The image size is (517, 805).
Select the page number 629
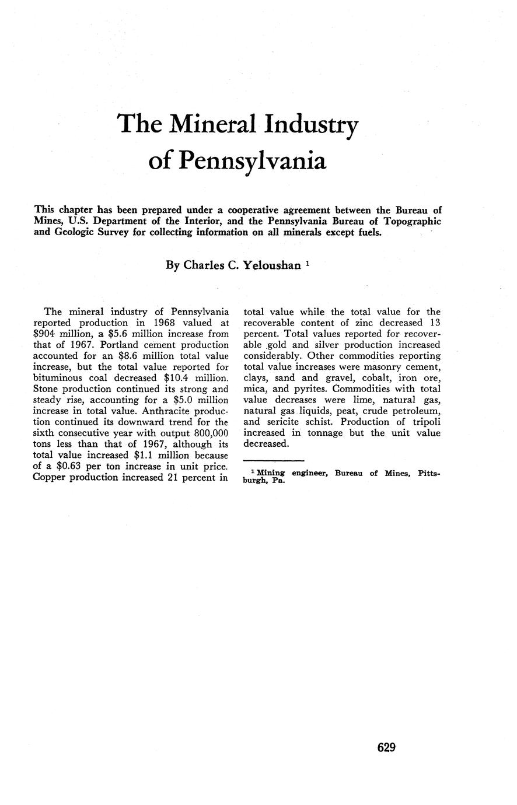pyautogui.click(x=387, y=747)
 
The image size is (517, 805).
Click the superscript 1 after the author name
pyautogui.click(x=307, y=263)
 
